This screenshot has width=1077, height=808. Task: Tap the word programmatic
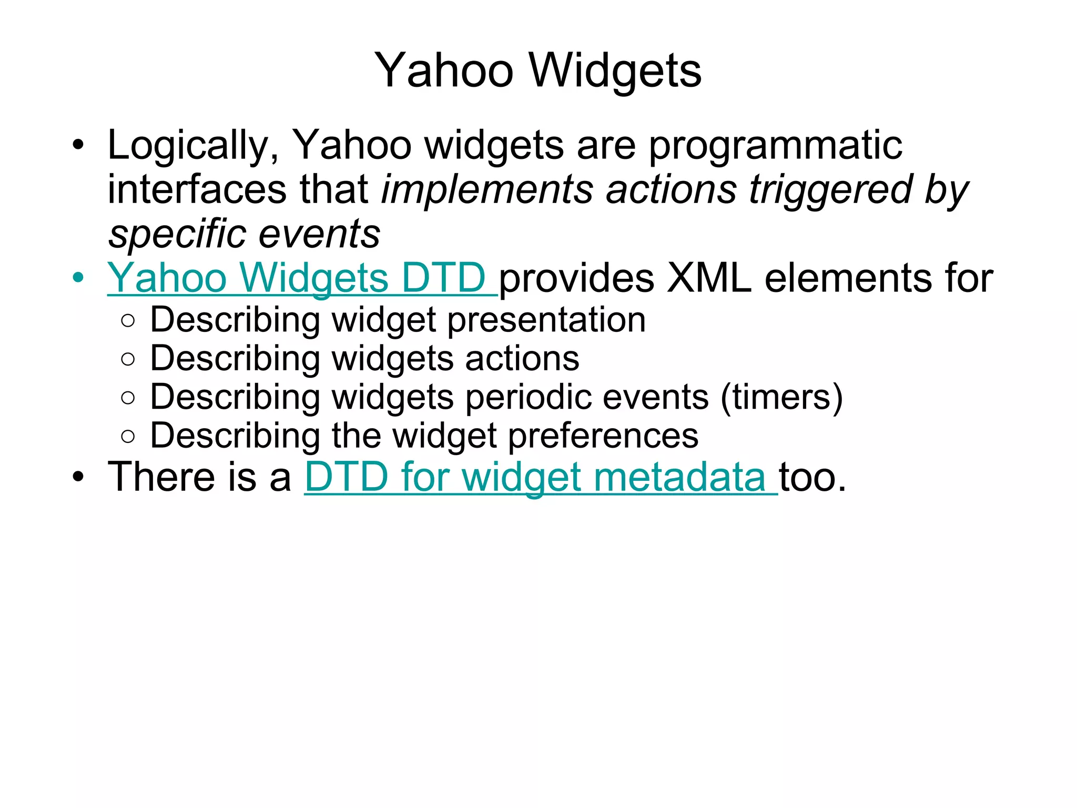775,145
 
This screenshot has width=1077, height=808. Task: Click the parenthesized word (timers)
781,397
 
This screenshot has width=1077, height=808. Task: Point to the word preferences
603,436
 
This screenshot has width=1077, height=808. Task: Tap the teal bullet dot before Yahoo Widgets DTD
78,277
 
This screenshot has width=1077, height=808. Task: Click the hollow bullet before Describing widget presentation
128,321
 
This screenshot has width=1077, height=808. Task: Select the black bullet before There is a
78,477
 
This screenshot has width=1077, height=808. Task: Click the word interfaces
197,189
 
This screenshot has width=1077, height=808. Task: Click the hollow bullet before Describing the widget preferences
128,436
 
